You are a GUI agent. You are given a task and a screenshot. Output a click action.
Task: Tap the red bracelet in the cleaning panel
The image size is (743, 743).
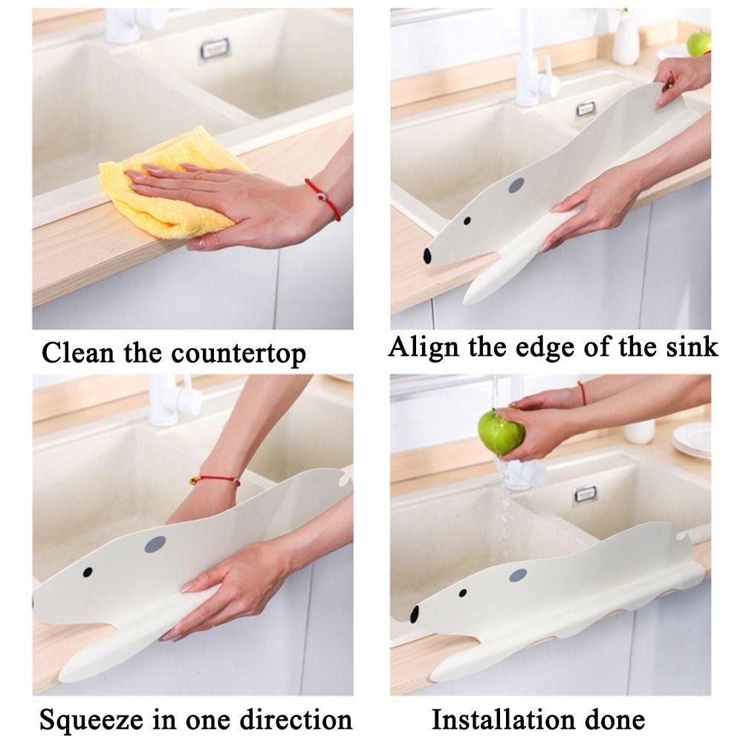point(323,198)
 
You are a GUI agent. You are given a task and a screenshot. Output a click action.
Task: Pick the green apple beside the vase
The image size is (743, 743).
point(698,43)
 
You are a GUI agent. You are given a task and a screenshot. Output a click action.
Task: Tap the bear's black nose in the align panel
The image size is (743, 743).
point(428,256)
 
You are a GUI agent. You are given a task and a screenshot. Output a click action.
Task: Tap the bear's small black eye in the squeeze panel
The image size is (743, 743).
point(88,571)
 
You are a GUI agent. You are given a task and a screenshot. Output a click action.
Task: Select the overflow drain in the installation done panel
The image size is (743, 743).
point(585,493)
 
